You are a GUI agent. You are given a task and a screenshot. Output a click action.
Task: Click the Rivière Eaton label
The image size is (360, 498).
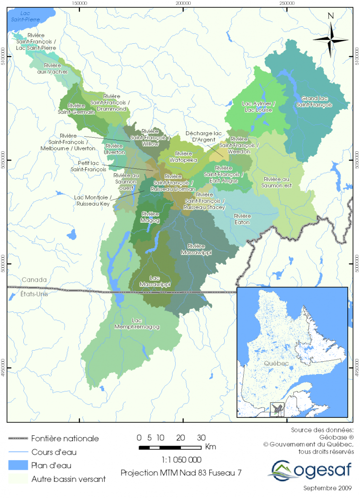point(242,219)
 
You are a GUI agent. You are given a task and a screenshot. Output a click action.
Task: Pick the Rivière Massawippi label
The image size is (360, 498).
point(197,249)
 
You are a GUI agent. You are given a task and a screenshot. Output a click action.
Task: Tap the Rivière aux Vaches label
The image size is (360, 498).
point(52,69)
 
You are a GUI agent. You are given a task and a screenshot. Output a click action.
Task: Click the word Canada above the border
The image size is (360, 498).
point(34,280)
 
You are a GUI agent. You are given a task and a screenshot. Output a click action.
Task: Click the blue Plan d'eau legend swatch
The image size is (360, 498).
point(17,465)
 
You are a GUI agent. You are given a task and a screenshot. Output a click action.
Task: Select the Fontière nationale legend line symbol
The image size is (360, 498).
point(17,439)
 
